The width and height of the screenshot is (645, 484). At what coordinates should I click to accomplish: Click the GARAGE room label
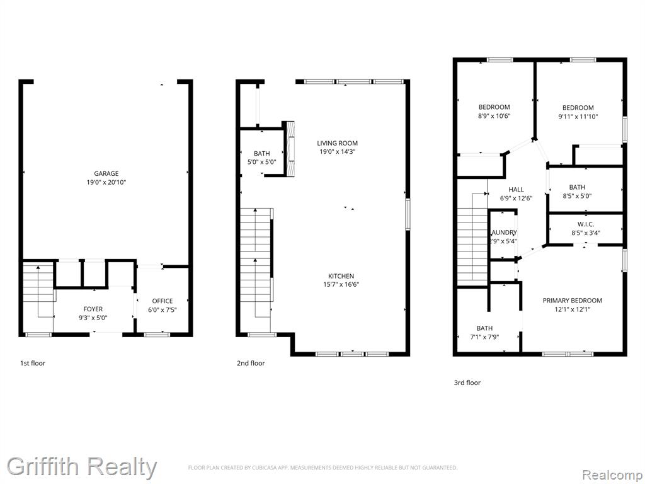[106, 174]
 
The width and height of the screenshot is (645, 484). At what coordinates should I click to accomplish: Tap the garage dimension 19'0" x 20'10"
[106, 182]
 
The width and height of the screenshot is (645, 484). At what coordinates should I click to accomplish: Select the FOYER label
[93, 309]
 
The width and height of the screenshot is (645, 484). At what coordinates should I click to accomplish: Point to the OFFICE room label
[163, 301]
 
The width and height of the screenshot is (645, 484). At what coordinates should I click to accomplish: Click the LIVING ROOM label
[338, 143]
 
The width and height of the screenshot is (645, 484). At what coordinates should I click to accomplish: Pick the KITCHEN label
[341, 276]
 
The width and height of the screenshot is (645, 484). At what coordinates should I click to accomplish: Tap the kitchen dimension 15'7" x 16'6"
[341, 284]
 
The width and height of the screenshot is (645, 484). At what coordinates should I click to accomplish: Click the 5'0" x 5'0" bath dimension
[261, 162]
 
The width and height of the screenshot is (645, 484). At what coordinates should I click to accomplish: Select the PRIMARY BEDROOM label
[572, 301]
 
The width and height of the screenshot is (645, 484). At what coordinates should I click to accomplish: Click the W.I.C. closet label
[586, 224]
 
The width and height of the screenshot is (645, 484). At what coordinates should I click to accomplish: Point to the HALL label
[517, 189]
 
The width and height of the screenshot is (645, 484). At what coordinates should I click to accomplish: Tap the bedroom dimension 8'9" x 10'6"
[494, 116]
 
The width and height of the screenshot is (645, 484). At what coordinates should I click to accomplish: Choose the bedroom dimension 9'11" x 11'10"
[578, 117]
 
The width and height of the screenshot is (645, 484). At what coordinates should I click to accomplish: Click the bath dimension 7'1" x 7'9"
[484, 337]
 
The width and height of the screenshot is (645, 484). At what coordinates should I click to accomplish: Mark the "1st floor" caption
[33, 363]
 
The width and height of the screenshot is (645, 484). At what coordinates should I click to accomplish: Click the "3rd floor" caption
[467, 383]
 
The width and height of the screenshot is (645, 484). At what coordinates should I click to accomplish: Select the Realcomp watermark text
[612, 475]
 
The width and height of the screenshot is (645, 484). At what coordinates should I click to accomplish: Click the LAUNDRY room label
[504, 233]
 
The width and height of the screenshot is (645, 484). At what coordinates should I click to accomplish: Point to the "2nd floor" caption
[251, 363]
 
